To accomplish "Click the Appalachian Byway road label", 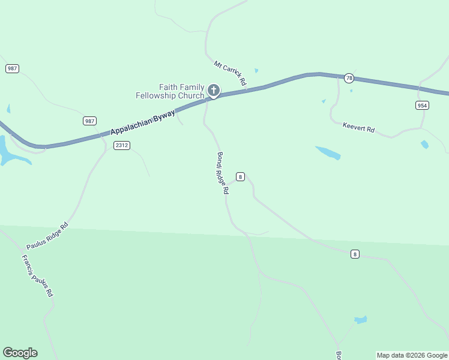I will (142, 122).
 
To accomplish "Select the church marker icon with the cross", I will (213, 91).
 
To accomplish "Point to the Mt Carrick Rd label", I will (231, 73).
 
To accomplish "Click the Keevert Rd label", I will (358, 128).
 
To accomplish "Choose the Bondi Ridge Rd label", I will (223, 173).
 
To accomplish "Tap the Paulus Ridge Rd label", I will (47, 236).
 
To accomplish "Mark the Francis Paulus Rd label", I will (38, 277).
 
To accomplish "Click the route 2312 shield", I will (121, 145).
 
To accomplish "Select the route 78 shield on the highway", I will (349, 78).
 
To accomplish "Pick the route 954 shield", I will (422, 105).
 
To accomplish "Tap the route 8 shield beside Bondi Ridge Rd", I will (240, 176).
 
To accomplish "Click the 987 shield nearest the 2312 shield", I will (89, 121).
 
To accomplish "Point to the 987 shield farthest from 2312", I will (12, 68).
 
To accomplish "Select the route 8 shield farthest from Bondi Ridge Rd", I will (355, 254).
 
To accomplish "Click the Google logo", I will (20, 353).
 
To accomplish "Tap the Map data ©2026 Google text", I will (412, 355).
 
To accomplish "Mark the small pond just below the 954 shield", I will (424, 145).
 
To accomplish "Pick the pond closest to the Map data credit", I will (360, 320).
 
